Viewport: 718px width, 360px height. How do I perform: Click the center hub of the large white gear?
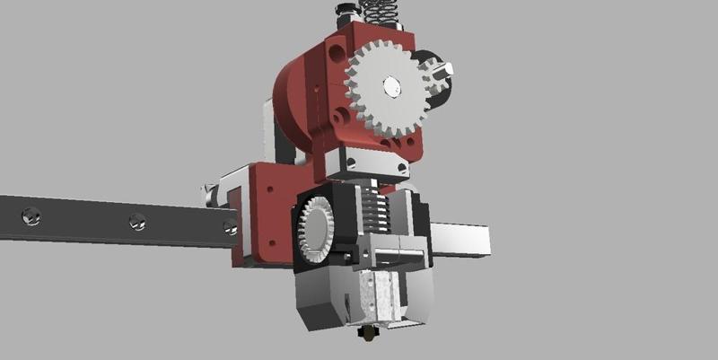391,87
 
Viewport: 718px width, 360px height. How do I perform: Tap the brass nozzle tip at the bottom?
369,333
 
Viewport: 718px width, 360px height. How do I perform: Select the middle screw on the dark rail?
136,220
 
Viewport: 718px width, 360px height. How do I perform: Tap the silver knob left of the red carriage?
209,191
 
